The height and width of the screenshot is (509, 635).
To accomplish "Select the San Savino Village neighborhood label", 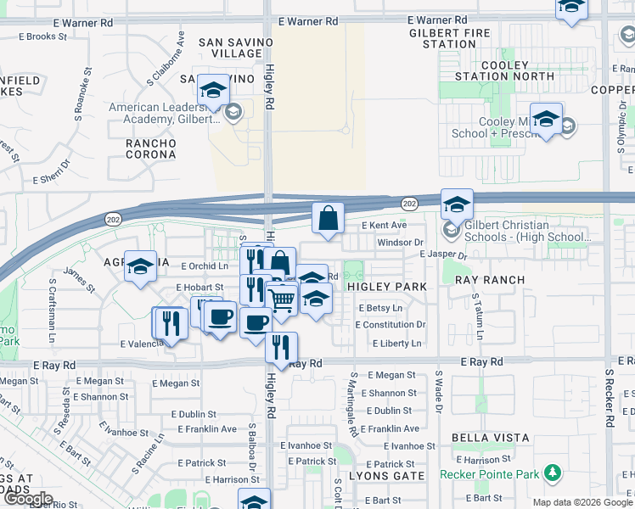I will [x=236, y=48].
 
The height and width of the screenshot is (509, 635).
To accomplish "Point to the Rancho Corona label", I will [x=151, y=149].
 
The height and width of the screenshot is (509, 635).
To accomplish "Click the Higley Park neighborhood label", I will [x=387, y=287].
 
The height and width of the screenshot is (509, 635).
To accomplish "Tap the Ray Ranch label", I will [x=490, y=280].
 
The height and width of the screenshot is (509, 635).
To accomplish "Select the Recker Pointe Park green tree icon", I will [x=553, y=472].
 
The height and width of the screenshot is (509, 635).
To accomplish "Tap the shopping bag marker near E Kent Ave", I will [x=328, y=219].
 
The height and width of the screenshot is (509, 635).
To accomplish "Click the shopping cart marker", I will [x=282, y=298].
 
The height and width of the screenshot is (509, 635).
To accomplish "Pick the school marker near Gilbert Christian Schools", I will [x=457, y=204].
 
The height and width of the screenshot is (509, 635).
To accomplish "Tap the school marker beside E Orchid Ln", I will [x=141, y=266].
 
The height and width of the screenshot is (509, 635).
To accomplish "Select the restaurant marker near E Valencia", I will [x=170, y=323].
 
